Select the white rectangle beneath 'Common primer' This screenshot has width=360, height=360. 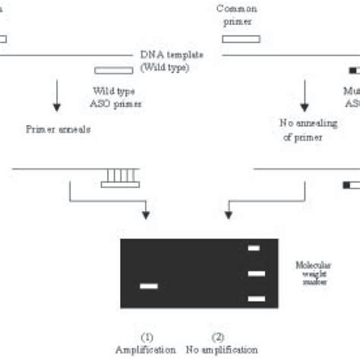tap(241, 38)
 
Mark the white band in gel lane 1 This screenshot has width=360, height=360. tap(149, 286)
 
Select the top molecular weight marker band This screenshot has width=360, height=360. tap(254, 248)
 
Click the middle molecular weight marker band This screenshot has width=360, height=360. tap(256, 273)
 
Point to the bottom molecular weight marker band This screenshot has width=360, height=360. tap(256, 298)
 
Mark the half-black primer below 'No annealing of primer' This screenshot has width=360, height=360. tap(352, 184)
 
